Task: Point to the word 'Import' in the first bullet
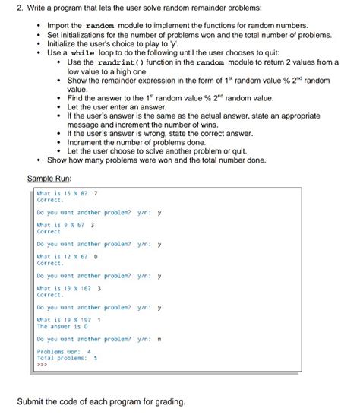[60, 26]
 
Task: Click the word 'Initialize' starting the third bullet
[64, 44]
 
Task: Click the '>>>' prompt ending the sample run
[42, 364]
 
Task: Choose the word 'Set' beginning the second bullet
[54, 35]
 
